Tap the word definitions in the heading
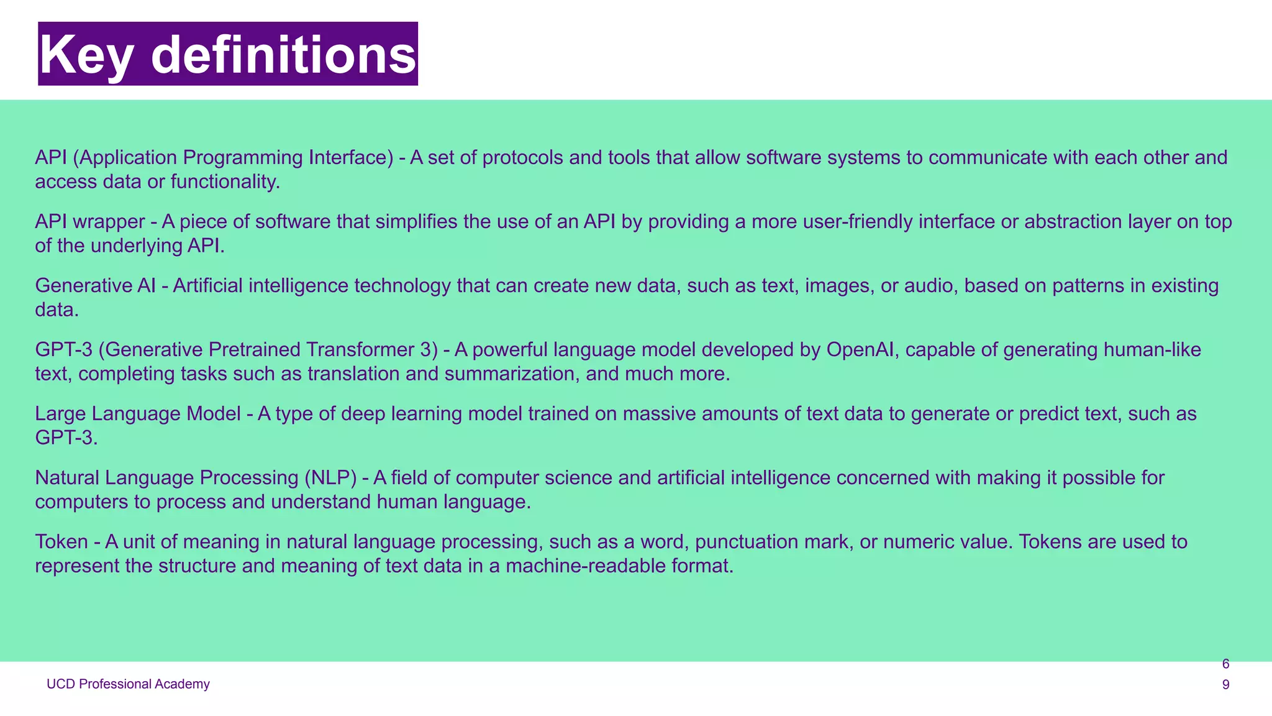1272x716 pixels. [283, 55]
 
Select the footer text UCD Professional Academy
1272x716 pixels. [128, 684]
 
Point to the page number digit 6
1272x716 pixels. [1225, 664]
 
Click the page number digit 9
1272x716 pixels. [1225, 685]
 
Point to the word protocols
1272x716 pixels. [522, 158]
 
